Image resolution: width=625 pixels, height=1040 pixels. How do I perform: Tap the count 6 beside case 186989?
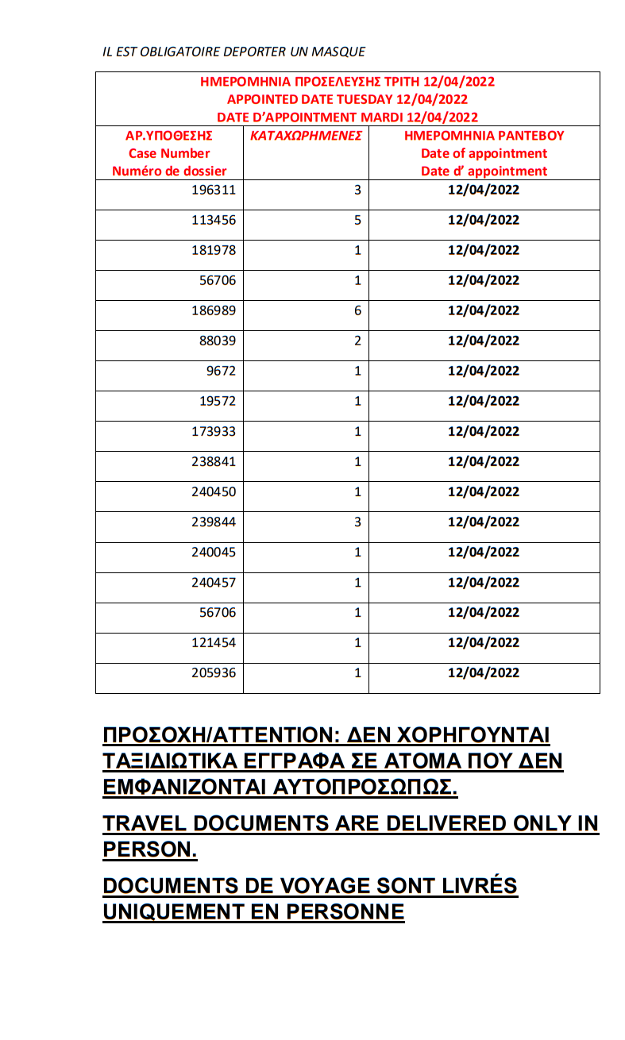pyautogui.click(x=357, y=310)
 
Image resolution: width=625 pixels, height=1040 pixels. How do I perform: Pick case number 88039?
pyautogui.click(x=217, y=341)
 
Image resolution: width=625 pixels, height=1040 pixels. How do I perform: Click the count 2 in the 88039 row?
pyautogui.click(x=357, y=341)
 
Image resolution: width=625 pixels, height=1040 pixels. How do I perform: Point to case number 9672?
pyautogui.click(x=221, y=371)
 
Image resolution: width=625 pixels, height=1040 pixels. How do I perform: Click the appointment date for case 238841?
pyautogui.click(x=483, y=461)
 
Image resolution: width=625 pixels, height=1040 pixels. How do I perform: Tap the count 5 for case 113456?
pyautogui.click(x=357, y=220)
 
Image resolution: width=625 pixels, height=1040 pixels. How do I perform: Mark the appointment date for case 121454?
pyautogui.click(x=483, y=642)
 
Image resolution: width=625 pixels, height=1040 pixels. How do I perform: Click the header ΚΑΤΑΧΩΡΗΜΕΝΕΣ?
pyautogui.click(x=306, y=136)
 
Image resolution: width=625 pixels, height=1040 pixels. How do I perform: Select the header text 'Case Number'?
pyautogui.click(x=169, y=153)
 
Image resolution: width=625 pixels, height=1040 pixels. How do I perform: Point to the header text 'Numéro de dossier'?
pyautogui.click(x=169, y=171)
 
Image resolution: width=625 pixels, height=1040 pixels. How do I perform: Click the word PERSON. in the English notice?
pyautogui.click(x=149, y=849)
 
